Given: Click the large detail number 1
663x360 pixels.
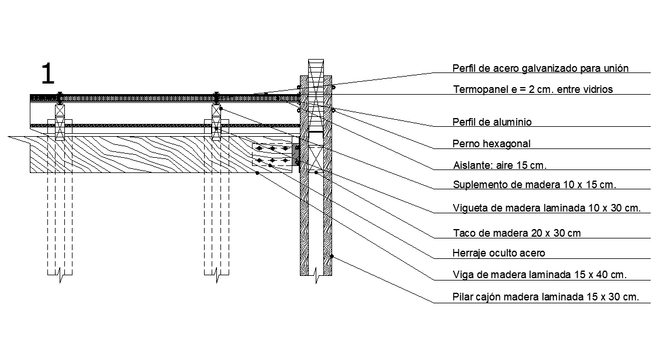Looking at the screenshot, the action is click(x=48, y=74).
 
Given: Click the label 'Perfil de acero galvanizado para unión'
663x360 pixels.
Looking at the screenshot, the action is click(x=540, y=68).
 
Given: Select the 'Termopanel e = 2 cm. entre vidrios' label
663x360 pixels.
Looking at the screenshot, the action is click(x=533, y=89).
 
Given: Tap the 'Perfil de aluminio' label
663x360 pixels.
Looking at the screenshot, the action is click(x=492, y=122).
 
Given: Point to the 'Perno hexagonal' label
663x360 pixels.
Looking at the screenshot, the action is click(x=491, y=144).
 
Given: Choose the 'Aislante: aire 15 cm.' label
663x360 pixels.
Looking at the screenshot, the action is click(x=500, y=165).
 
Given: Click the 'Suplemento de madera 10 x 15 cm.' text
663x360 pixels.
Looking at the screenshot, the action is click(x=534, y=185).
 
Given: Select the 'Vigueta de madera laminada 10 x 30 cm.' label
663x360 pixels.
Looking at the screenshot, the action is click(x=547, y=208).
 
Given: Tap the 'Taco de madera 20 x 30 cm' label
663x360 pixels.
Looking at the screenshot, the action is click(x=517, y=233).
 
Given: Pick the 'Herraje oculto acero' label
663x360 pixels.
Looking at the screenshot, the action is click(x=499, y=253).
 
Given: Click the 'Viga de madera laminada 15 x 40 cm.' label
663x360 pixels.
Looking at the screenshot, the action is click(x=540, y=275).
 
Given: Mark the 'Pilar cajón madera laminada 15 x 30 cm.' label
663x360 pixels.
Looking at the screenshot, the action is click(x=545, y=297).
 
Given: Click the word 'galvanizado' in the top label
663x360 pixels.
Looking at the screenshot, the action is click(x=549, y=68).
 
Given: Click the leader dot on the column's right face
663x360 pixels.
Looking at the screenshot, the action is click(x=332, y=256).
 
